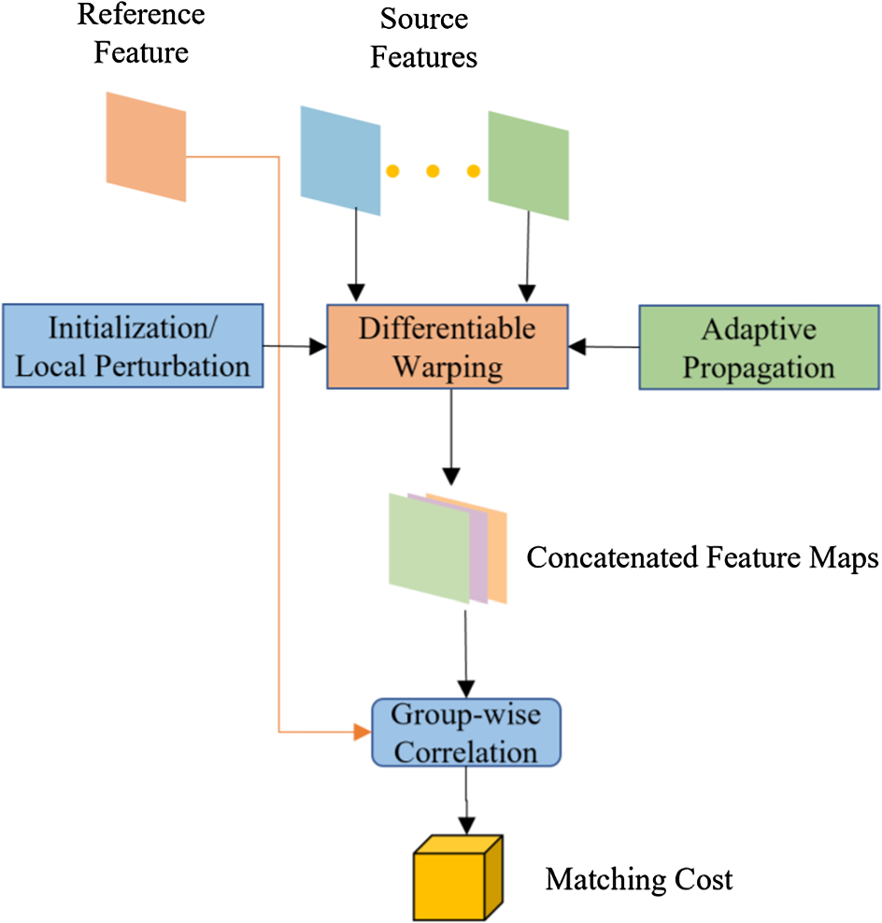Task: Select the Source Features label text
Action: point(423,37)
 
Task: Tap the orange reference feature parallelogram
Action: point(147,146)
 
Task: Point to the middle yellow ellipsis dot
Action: point(433,171)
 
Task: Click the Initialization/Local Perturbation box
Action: point(135,346)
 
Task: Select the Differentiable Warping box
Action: point(448,347)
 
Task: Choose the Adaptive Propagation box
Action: point(759,347)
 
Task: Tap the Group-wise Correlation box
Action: point(465,732)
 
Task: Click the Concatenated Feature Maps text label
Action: point(703,558)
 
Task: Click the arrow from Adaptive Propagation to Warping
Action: point(605,347)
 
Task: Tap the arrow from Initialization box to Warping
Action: point(293,347)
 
